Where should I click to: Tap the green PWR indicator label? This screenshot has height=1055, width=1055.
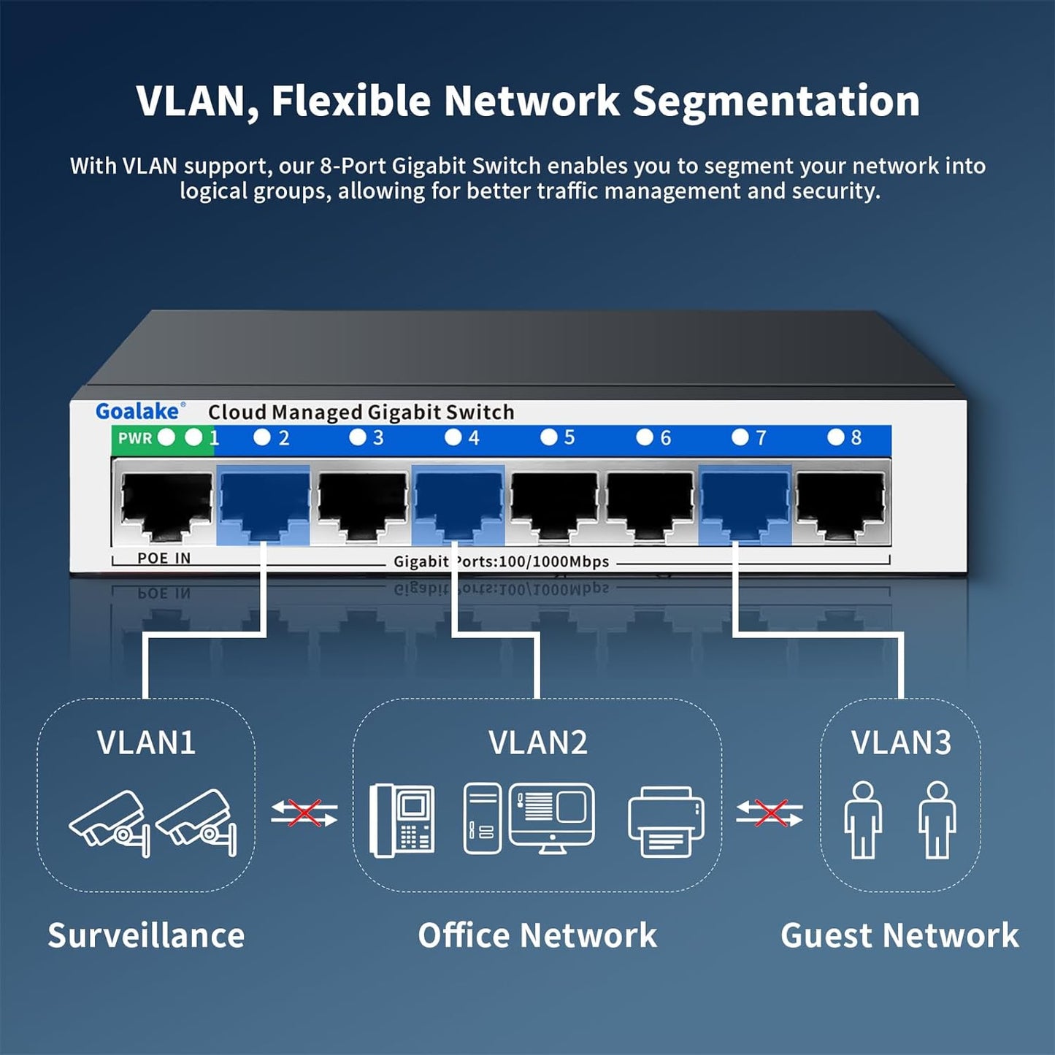(x=135, y=438)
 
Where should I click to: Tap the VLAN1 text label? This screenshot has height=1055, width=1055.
(x=146, y=743)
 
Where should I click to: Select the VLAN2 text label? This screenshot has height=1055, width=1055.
(x=538, y=743)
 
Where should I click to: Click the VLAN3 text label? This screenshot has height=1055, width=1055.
(x=901, y=743)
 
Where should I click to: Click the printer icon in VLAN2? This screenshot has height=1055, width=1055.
(x=666, y=821)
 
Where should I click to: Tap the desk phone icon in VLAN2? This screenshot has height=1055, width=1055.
(x=402, y=820)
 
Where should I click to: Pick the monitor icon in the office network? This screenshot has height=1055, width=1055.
(x=552, y=816)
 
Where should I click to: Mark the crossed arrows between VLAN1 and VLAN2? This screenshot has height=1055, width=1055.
(x=304, y=813)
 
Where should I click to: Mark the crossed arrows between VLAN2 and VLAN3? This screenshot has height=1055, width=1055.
(x=770, y=813)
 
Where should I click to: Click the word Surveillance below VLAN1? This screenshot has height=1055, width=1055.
(x=146, y=936)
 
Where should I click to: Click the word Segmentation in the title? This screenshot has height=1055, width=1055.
(x=775, y=101)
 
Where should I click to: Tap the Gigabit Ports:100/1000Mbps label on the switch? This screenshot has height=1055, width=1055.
(x=501, y=561)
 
